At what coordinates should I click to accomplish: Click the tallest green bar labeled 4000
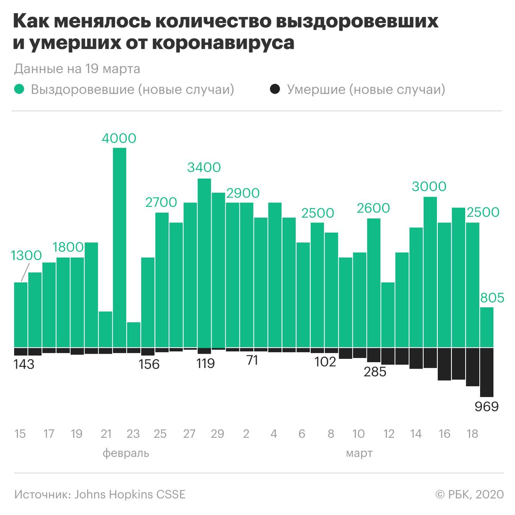(x=119, y=247)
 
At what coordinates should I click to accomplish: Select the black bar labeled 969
(x=487, y=372)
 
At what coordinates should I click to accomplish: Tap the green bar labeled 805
(x=487, y=327)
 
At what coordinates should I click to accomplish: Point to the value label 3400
(x=204, y=167)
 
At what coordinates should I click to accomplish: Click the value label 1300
(x=26, y=256)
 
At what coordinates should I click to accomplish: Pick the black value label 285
(x=375, y=372)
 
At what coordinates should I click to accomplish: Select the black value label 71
(x=252, y=360)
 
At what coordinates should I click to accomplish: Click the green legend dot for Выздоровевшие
(x=19, y=89)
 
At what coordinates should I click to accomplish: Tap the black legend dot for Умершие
(x=275, y=89)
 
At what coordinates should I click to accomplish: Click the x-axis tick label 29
(x=218, y=434)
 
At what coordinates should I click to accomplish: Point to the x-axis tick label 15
(x=20, y=434)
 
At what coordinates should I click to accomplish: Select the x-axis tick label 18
(x=472, y=434)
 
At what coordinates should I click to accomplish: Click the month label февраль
(x=126, y=453)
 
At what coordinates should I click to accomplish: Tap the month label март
(x=359, y=453)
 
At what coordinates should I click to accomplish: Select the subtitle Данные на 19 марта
(x=77, y=69)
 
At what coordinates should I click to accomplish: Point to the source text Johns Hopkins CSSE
(x=130, y=494)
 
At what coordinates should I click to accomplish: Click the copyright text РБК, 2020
(x=476, y=494)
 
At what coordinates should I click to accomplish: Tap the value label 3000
(x=429, y=186)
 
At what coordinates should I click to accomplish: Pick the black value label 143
(x=24, y=364)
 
